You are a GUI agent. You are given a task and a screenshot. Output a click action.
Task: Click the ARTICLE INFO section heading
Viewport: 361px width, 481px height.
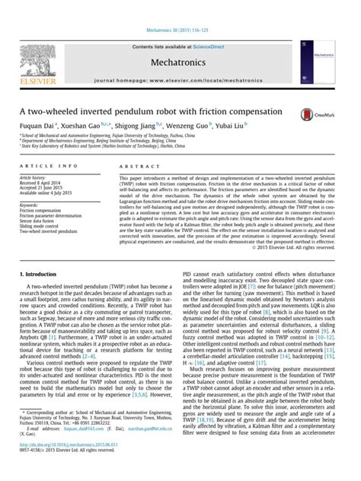[x=48, y=164]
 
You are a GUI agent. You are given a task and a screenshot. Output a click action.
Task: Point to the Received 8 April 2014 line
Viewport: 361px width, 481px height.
[x=45, y=183]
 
